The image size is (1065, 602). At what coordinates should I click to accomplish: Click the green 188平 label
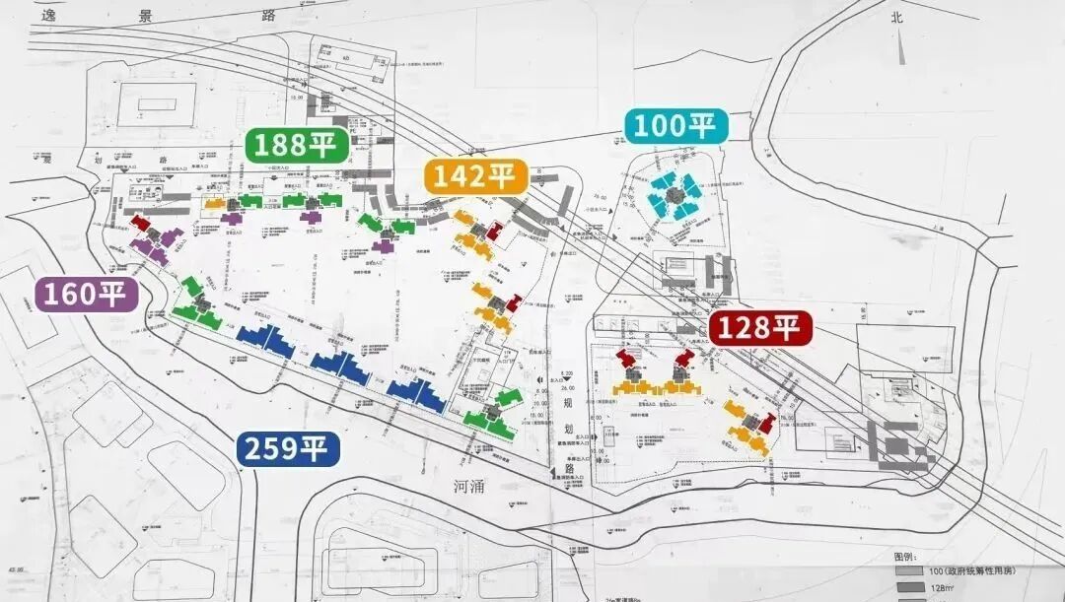(296, 144)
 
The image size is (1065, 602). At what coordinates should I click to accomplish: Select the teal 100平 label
(675, 126)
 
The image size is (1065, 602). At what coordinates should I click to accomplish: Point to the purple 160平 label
(86, 294)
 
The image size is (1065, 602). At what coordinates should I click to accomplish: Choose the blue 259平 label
(288, 449)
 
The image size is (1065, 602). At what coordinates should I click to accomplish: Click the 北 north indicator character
(896, 16)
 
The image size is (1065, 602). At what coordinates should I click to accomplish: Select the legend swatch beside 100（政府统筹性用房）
(905, 571)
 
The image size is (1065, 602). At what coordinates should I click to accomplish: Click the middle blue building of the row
(341, 368)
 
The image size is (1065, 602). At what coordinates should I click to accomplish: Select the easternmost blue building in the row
(416, 394)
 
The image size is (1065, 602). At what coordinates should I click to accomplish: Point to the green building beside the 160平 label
(197, 305)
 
